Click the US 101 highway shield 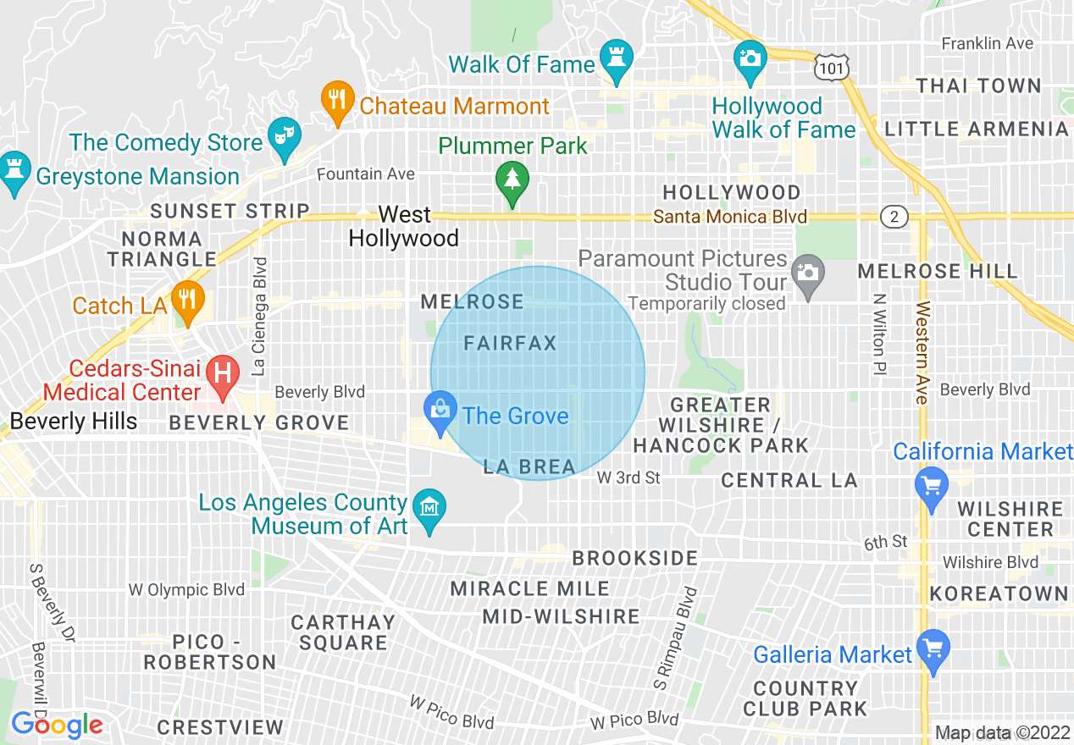(x=828, y=67)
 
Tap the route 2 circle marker (x=894, y=217)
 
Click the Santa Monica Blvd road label (x=729, y=218)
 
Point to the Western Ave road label (x=922, y=351)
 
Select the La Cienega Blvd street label (x=260, y=316)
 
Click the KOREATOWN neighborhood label (x=999, y=593)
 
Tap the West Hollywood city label (x=404, y=226)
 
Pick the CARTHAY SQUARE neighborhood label (x=342, y=632)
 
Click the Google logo (x=57, y=725)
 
